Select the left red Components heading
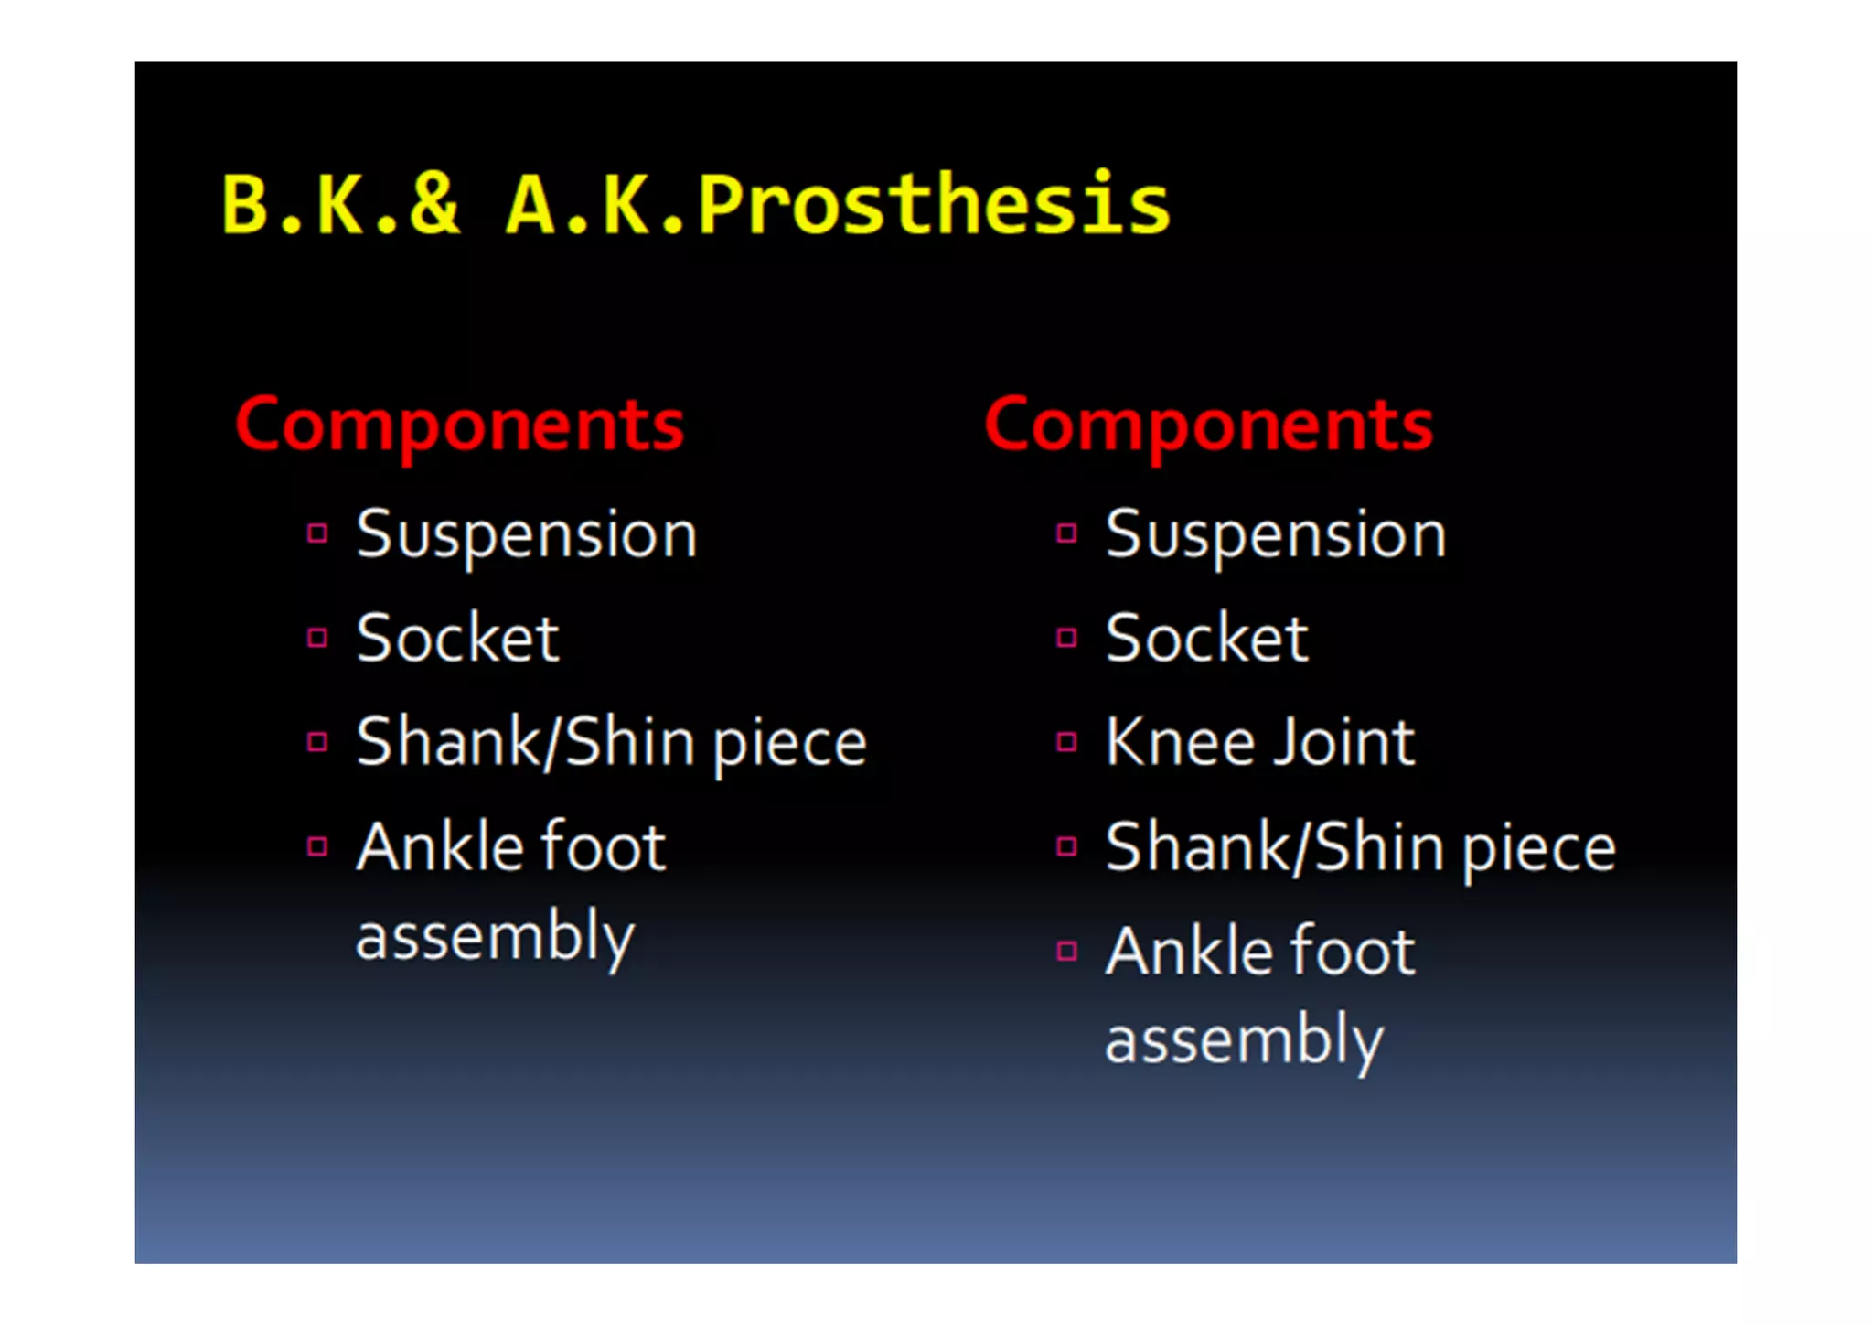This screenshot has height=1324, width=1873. [459, 425]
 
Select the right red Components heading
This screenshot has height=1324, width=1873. [1208, 425]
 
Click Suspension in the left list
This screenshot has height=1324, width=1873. [527, 534]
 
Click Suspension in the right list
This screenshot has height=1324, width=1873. [1276, 534]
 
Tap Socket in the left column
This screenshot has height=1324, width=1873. [457, 638]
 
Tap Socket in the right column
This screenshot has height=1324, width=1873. [1206, 638]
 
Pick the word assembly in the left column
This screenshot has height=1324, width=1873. [495, 937]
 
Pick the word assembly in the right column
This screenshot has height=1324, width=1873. [1244, 1041]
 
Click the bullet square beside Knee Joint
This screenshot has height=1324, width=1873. [1066, 741]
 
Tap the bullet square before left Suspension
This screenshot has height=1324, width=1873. [317, 533]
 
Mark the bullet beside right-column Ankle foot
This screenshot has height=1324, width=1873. [1066, 951]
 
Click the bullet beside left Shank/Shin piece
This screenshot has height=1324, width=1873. [317, 741]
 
